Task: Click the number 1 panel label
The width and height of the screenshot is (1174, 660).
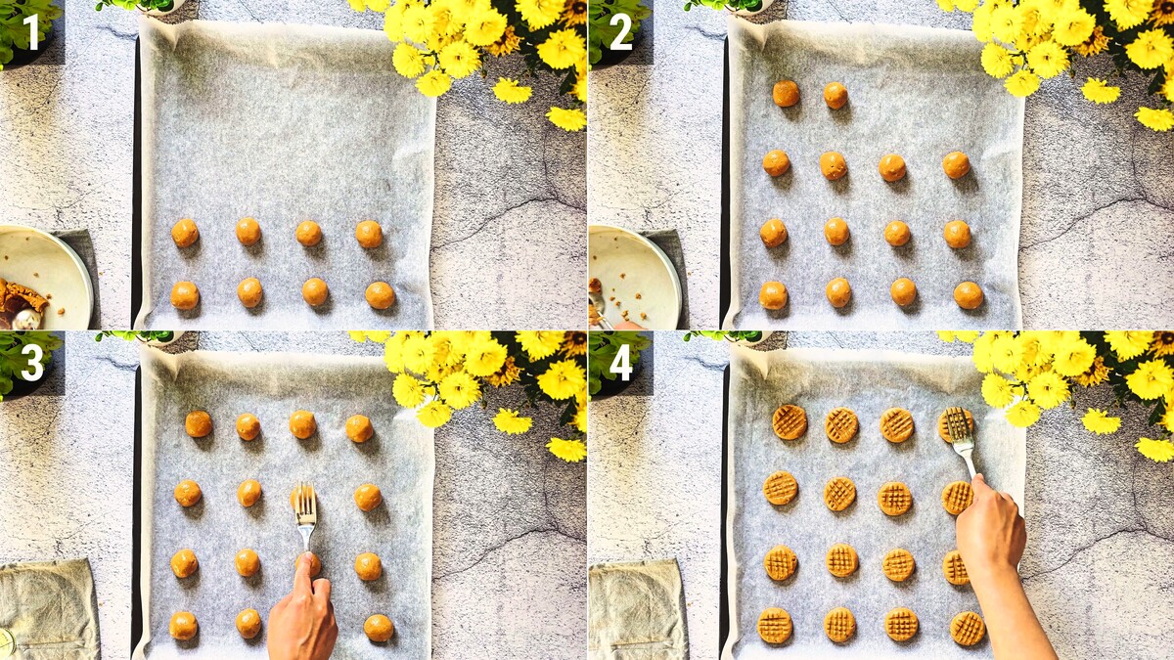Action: (31, 31)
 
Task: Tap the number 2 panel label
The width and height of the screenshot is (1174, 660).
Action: (621, 31)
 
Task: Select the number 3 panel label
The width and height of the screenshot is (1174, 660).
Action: (32, 363)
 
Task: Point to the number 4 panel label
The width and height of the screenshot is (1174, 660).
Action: (621, 363)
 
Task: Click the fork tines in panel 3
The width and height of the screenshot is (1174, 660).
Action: (305, 503)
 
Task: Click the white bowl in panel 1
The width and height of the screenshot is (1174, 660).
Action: (45, 278)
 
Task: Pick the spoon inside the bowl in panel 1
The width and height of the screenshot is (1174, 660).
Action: (25, 319)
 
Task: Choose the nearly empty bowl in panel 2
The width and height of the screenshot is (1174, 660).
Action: (634, 278)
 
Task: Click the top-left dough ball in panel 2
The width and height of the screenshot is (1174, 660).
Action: (787, 93)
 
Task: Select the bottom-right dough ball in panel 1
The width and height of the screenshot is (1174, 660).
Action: (380, 295)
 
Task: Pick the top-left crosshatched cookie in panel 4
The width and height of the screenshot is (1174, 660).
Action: (790, 421)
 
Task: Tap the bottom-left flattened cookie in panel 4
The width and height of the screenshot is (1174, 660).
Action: (775, 626)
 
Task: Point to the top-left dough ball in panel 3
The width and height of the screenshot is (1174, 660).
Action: (199, 423)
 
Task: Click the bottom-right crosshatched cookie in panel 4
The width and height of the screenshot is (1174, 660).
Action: (968, 628)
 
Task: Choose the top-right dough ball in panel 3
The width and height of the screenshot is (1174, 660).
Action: (359, 428)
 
